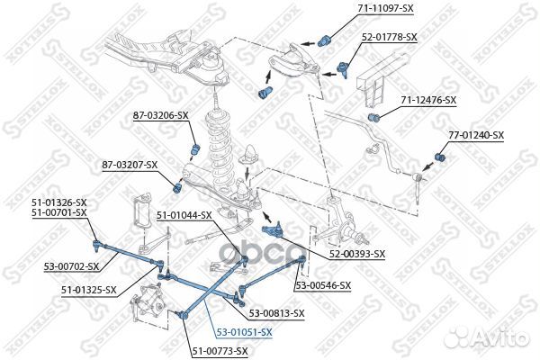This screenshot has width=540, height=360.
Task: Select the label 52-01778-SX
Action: pos(390,38)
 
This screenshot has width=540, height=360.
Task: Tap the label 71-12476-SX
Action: pos(428,100)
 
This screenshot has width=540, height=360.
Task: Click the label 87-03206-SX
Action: pos(161,115)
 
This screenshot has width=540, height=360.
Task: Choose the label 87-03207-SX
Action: pos(129,165)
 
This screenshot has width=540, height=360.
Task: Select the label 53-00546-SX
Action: pos(325,285)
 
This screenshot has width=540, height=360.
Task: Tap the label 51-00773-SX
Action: pos(219,350)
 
